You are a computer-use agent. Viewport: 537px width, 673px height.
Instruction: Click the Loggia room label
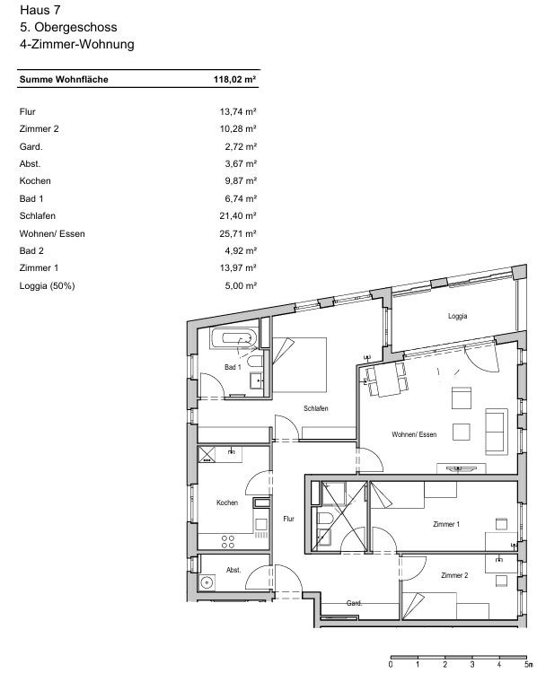tap(457, 316)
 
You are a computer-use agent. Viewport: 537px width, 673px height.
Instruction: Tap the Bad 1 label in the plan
tap(233, 367)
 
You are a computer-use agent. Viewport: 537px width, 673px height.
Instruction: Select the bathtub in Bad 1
tap(233, 338)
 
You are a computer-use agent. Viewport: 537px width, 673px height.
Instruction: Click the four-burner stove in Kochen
tap(228, 542)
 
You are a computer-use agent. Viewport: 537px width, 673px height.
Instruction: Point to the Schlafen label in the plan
tap(316, 408)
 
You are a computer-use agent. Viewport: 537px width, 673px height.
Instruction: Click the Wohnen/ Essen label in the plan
tap(414, 434)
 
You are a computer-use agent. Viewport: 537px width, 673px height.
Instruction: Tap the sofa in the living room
tap(497, 431)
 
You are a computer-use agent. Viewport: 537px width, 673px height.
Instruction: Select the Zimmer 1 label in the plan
tap(446, 524)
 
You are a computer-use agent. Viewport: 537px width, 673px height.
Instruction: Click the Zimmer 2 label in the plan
tap(454, 575)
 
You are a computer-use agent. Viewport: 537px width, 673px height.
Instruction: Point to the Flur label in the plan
tap(288, 519)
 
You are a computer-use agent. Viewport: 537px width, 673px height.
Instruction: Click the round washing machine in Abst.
tap(207, 582)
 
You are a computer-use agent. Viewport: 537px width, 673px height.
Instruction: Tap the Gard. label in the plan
tap(354, 603)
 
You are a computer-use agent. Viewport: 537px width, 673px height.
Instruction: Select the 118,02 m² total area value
tap(235, 79)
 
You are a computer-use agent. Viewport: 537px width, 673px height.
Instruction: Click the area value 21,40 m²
tap(238, 216)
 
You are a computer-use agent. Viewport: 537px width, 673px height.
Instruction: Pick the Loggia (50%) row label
tap(47, 285)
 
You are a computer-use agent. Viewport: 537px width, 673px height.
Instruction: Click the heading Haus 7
tap(40, 10)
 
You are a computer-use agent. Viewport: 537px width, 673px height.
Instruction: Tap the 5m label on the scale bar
tap(527, 665)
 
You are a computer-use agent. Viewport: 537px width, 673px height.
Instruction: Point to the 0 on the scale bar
tap(391, 665)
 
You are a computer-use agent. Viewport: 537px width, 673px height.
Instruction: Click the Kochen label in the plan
tap(227, 503)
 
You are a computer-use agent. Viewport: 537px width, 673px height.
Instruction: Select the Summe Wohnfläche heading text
tap(64, 79)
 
